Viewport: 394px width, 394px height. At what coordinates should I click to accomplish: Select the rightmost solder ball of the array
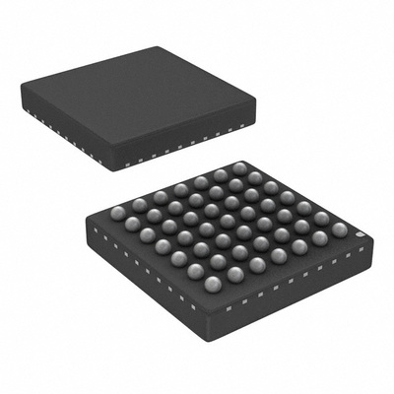pos(339,230)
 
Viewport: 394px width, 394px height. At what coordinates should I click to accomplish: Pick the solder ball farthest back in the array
pos(239,168)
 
